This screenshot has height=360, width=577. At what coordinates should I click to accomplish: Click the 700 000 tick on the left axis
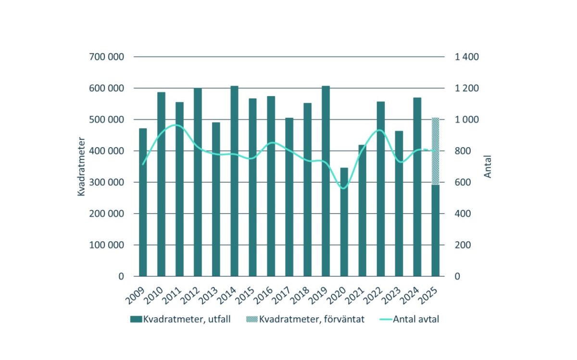[x=107, y=57]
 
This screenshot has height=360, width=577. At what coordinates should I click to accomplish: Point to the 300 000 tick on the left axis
[x=107, y=183]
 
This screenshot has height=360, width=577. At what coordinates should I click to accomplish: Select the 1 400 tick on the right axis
[x=466, y=57]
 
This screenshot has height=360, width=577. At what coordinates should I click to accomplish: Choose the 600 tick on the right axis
[x=462, y=183]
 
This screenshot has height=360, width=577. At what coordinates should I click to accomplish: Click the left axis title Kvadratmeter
[x=81, y=166]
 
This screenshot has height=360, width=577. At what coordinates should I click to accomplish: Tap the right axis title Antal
[x=488, y=166]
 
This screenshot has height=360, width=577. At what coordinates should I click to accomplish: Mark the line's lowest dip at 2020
[x=343, y=188]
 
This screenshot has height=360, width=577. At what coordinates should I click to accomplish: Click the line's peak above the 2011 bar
[x=176, y=125]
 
